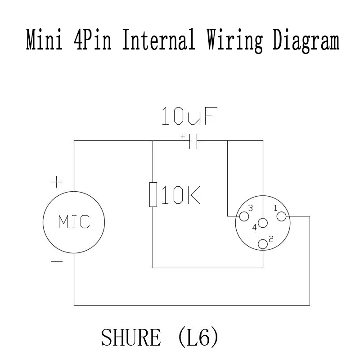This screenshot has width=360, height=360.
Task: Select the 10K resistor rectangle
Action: tap(153, 194)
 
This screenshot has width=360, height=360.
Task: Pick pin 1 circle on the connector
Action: tap(282, 216)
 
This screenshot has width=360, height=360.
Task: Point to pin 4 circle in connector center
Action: tap(263, 223)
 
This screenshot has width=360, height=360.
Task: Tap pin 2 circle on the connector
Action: tap(263, 244)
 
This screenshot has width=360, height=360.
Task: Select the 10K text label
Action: tap(180, 195)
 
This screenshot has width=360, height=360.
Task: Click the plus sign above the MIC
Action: tap(56, 183)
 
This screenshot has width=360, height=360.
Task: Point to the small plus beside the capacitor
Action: tap(183, 135)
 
